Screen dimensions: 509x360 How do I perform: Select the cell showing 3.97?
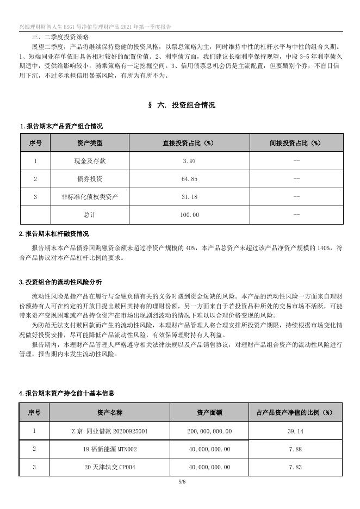click(x=189, y=161)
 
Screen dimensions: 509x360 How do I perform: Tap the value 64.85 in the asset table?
click(x=189, y=179)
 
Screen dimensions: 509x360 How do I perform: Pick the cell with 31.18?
click(x=189, y=197)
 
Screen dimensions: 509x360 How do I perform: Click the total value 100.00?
click(x=189, y=215)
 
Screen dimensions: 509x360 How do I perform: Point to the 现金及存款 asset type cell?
click(x=90, y=161)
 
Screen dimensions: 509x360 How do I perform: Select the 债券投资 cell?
click(x=90, y=179)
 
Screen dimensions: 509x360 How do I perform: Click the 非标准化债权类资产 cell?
click(x=90, y=197)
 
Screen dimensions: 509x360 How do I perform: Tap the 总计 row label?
click(x=90, y=215)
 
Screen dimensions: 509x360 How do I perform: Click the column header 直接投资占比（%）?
click(x=189, y=143)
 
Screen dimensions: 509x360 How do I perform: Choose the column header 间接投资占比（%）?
click(x=296, y=143)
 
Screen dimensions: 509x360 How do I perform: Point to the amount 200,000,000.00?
click(x=209, y=431)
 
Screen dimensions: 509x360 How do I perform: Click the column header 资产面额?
click(x=209, y=413)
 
